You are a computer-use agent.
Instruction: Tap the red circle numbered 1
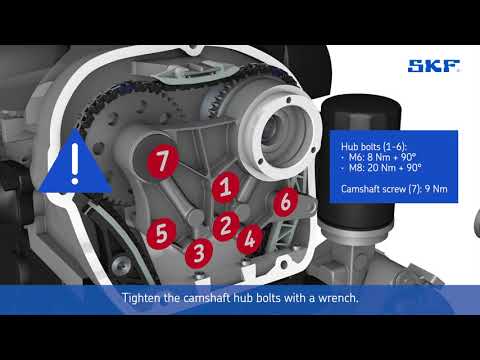point(227,186)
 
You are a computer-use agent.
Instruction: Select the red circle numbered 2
point(227,224)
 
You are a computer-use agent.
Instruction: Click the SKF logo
point(433,68)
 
